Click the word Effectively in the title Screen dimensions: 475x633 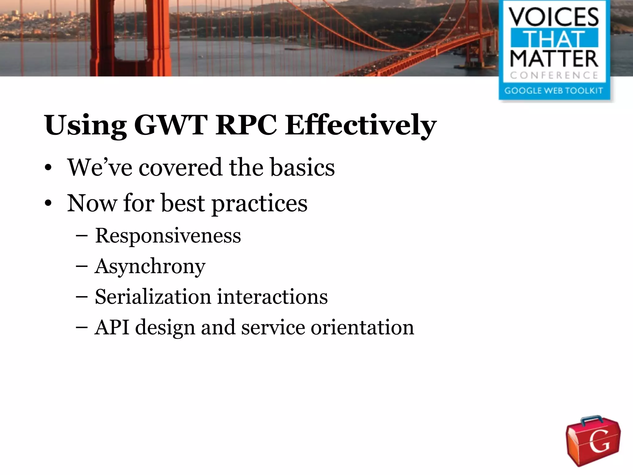(360, 125)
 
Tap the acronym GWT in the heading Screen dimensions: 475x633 (171, 125)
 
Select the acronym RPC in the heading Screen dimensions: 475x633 (246, 125)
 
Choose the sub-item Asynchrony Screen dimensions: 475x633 (150, 267)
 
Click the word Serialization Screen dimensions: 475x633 (153, 297)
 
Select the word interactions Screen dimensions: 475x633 (272, 297)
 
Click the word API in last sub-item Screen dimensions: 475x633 (112, 327)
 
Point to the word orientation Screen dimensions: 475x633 (362, 327)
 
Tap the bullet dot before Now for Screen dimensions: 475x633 (48, 204)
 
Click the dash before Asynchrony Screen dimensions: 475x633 (82, 267)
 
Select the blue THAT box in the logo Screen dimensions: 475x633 (554, 38)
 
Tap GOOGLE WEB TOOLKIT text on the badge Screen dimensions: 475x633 (554, 91)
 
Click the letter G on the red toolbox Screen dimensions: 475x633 (599, 442)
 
